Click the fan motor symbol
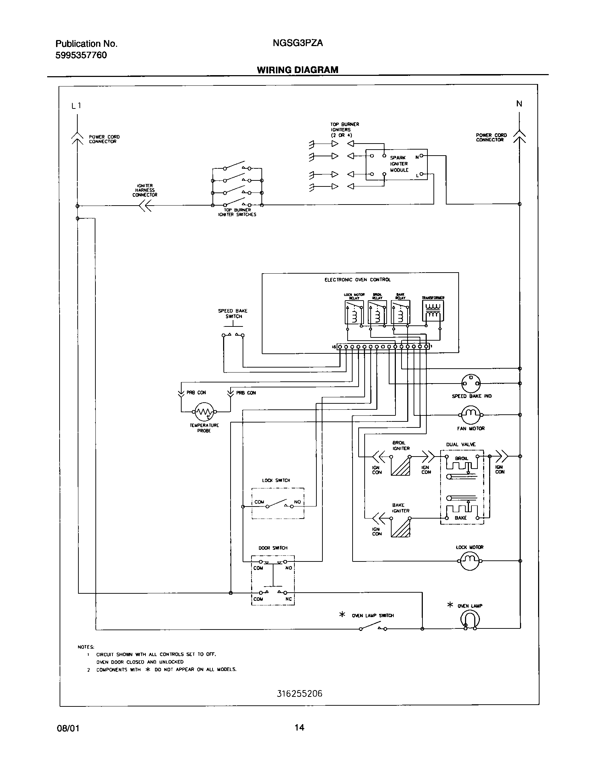tap(470, 414)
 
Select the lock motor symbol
tap(470, 561)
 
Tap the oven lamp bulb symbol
tap(470, 620)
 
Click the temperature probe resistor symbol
tap(204, 412)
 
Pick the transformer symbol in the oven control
tap(433, 311)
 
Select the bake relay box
tap(400, 312)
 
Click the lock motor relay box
tap(354, 312)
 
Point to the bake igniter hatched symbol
tap(400, 527)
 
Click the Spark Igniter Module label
tap(399, 164)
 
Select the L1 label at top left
tap(76, 106)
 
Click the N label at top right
tap(519, 104)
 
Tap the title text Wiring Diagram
tap(297, 70)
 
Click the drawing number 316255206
tap(299, 694)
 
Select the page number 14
tap(299, 728)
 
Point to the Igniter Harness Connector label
tap(145, 190)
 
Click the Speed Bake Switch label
tap(233, 314)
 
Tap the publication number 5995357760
tap(81, 55)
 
